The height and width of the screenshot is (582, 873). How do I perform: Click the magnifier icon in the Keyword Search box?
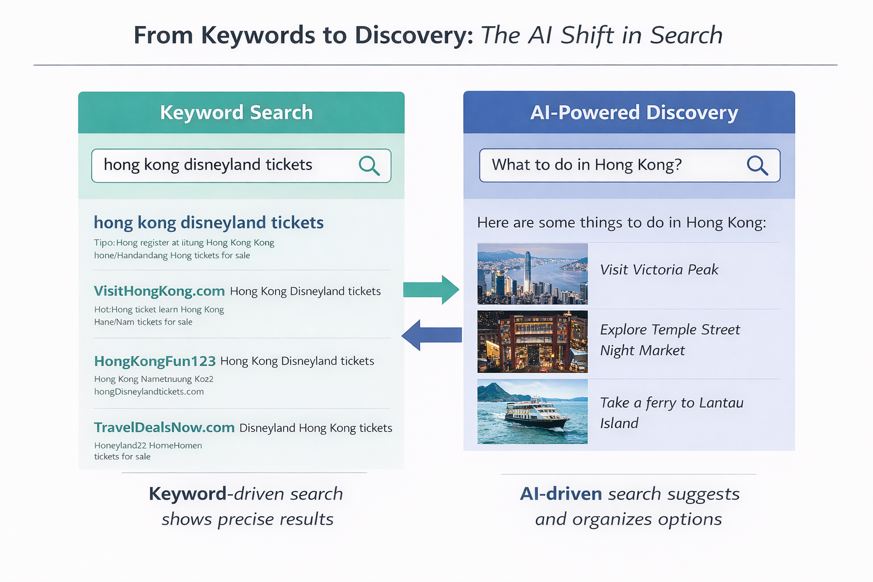[369, 165]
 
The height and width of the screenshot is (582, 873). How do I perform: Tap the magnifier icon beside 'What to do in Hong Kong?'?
[757, 165]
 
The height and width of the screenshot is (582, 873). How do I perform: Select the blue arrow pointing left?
[431, 335]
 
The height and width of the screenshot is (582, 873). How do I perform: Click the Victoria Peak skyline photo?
[532, 274]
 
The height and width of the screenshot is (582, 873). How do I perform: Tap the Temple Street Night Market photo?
[532, 342]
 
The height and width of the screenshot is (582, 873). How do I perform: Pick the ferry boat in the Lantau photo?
[535, 414]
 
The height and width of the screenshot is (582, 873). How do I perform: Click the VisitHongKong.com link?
[159, 291]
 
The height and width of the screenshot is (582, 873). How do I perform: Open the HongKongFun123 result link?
[155, 361]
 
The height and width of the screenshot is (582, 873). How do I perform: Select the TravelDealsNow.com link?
[164, 427]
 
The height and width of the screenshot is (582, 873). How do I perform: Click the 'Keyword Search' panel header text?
[236, 113]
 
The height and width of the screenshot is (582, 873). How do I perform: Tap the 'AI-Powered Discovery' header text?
[634, 113]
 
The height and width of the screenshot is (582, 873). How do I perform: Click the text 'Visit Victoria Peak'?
[659, 269]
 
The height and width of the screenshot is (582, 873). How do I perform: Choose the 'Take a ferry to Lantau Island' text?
[671, 413]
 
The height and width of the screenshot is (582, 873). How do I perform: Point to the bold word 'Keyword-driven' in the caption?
[188, 494]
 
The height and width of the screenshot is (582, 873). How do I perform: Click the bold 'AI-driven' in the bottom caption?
[561, 494]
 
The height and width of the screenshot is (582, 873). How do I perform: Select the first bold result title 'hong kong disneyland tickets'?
[209, 222]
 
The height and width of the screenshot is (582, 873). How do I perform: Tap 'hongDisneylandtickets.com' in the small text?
[149, 392]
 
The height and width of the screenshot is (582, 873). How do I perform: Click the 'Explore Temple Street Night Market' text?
[670, 340]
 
